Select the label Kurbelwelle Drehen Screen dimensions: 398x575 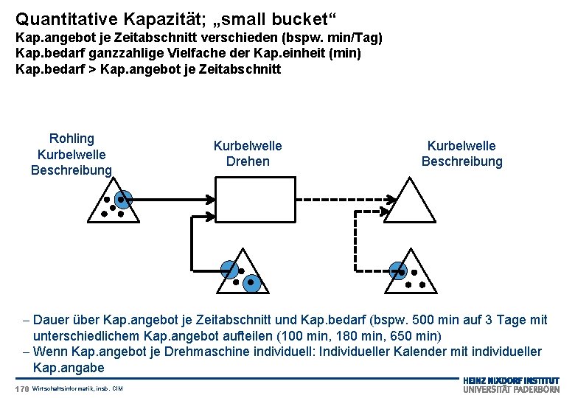(247, 153)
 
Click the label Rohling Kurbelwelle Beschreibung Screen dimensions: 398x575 (72, 154)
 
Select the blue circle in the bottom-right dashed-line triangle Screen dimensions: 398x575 (397, 270)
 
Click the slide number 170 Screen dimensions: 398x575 (21, 388)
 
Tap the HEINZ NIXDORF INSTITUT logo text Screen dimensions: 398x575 (511, 380)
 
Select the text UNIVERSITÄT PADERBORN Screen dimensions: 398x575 (511, 389)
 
